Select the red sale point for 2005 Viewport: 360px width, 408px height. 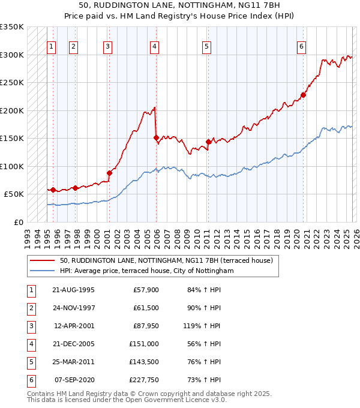(156, 137)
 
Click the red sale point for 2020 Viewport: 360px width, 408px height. (304, 95)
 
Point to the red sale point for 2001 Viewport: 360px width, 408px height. (109, 173)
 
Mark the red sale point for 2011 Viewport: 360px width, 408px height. (208, 142)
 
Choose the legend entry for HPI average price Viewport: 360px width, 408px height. (146, 271)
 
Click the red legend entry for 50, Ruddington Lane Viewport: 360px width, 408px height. (166, 260)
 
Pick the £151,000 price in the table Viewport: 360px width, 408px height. (144, 344)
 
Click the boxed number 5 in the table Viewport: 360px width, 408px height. (30, 362)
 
